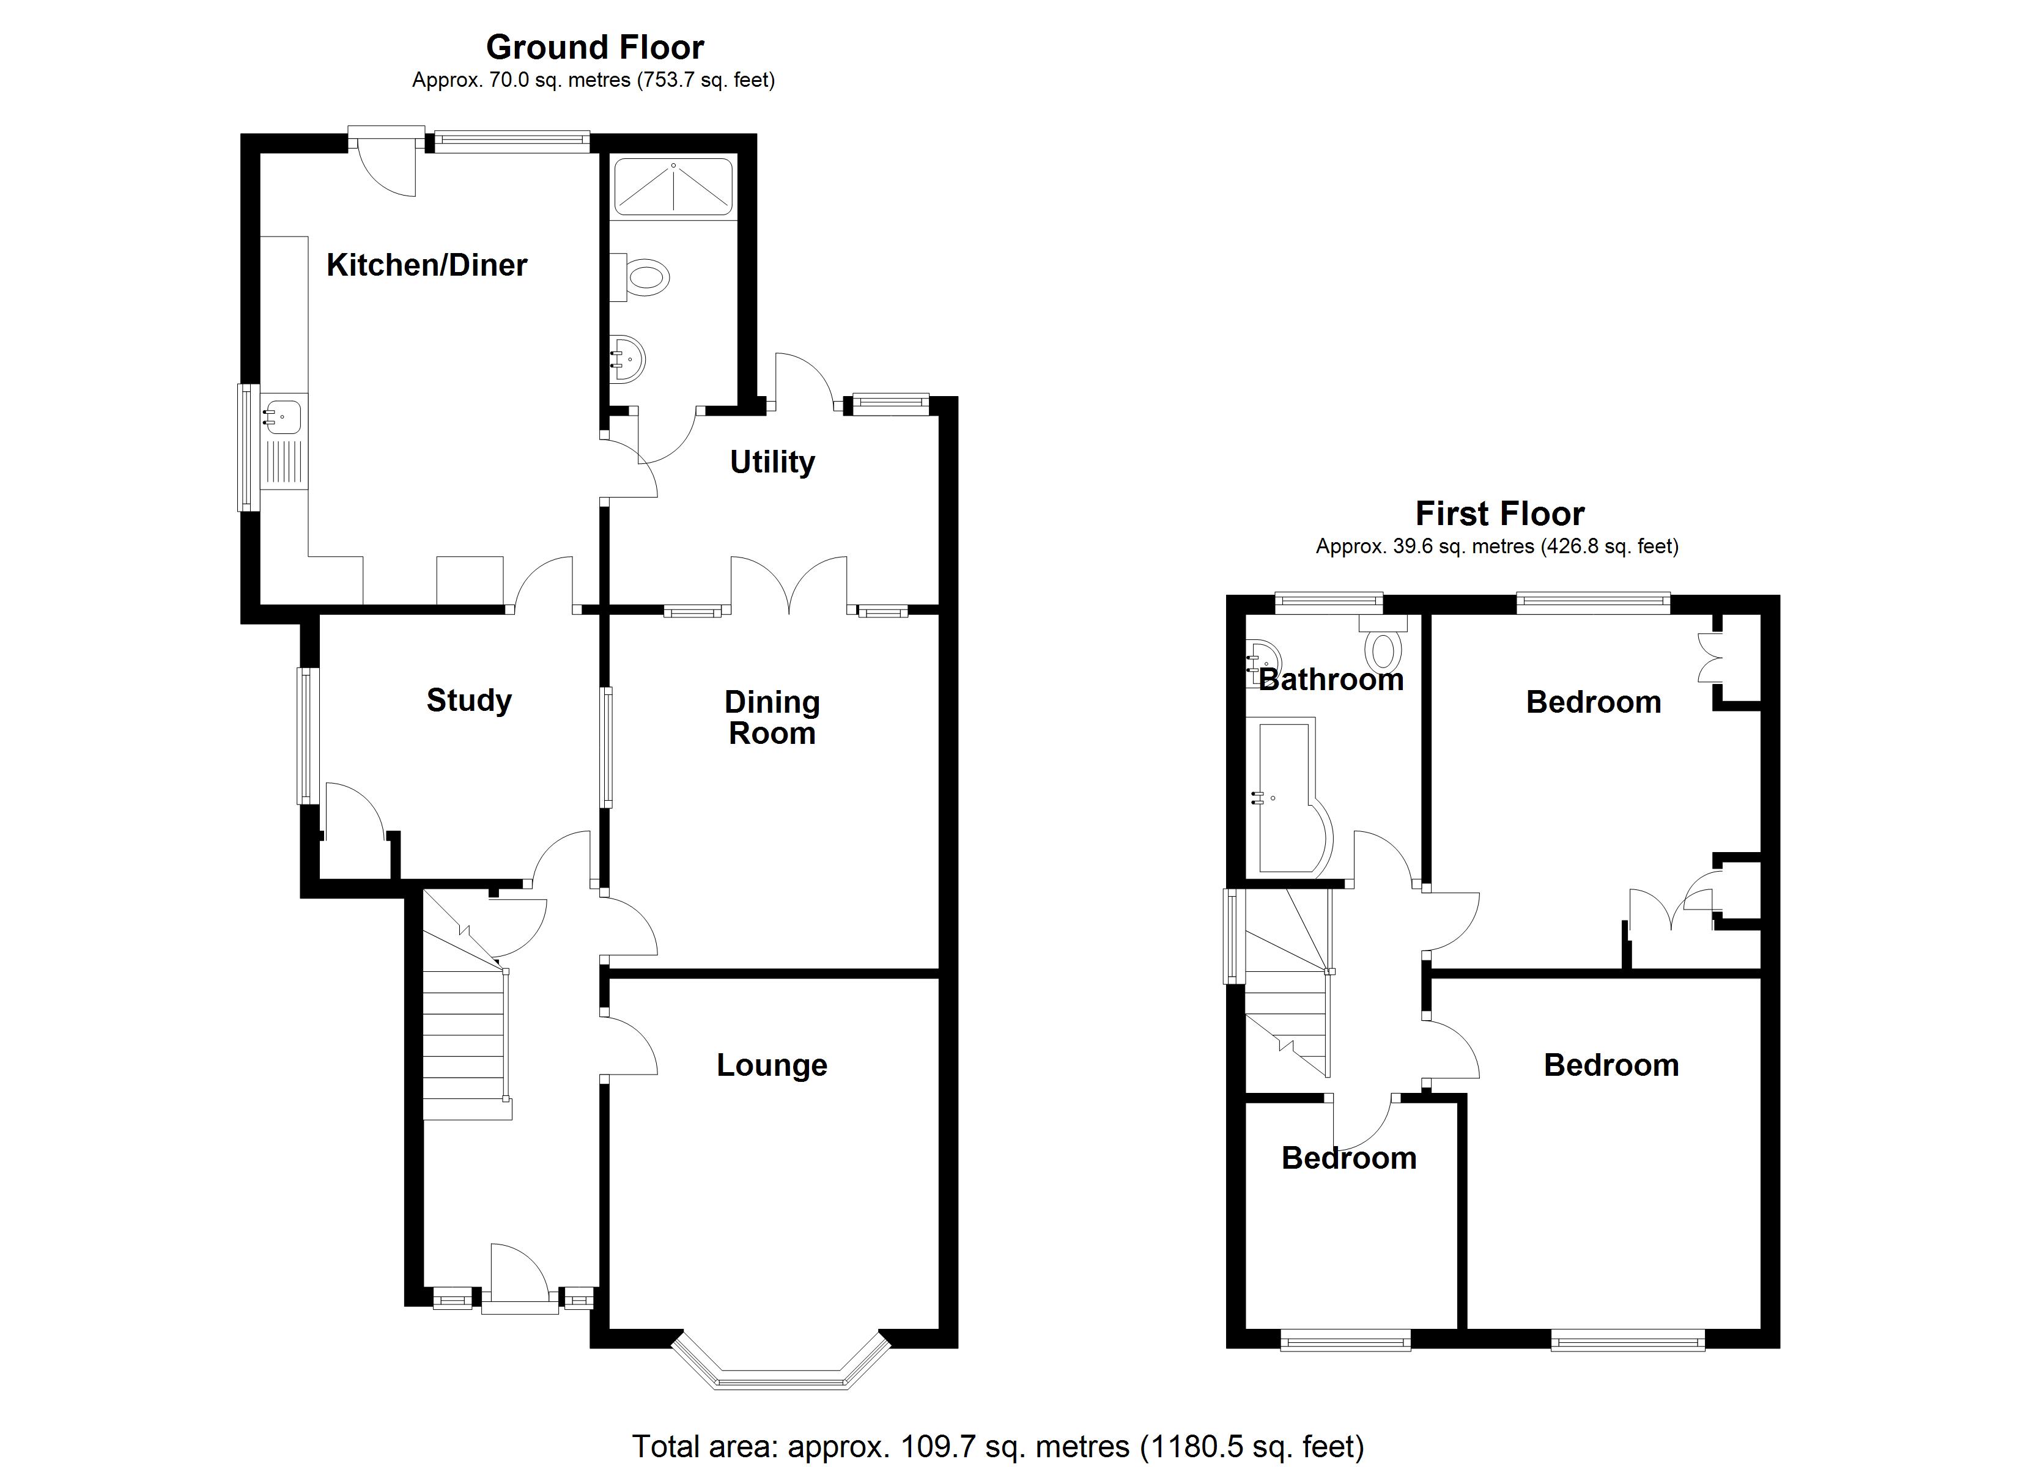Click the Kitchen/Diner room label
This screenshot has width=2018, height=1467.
426,265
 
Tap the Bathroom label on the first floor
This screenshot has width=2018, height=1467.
1331,680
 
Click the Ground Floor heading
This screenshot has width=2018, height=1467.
594,47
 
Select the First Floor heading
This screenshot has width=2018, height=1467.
1499,513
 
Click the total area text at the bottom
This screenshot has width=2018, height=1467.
997,1447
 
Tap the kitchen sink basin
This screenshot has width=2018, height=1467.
284,416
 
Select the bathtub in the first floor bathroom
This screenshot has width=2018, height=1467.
1290,798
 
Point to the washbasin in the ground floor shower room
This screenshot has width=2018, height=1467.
628,359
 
